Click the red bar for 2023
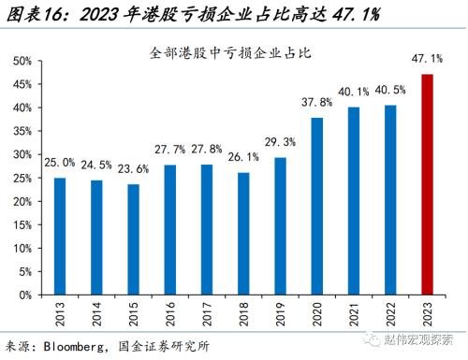tap(428, 184)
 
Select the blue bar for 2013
tap(60, 236)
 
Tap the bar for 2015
tap(133, 239)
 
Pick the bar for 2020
tap(317, 206)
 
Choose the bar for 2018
tap(243, 233)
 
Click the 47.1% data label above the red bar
tap(428, 59)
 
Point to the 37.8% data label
tap(317, 103)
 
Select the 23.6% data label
tap(133, 169)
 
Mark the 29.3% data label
tap(280, 142)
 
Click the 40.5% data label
tap(390, 91)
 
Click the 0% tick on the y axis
tap(25, 295)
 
